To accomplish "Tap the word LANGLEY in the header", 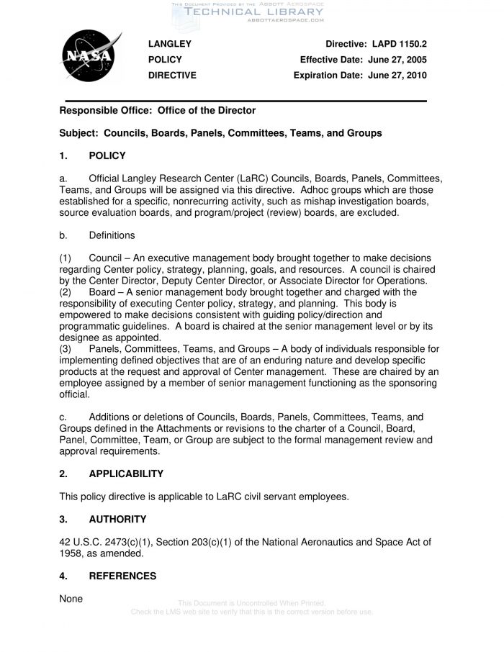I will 170,45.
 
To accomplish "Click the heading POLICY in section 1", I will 107,155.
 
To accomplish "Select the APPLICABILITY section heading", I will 126,474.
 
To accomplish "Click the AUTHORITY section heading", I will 117,519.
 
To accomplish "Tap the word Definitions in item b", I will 112,235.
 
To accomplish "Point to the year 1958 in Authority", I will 71,553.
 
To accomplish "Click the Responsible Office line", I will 157,111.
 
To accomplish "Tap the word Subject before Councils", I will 78,133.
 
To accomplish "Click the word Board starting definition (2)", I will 103,292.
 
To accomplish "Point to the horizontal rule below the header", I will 246,100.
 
